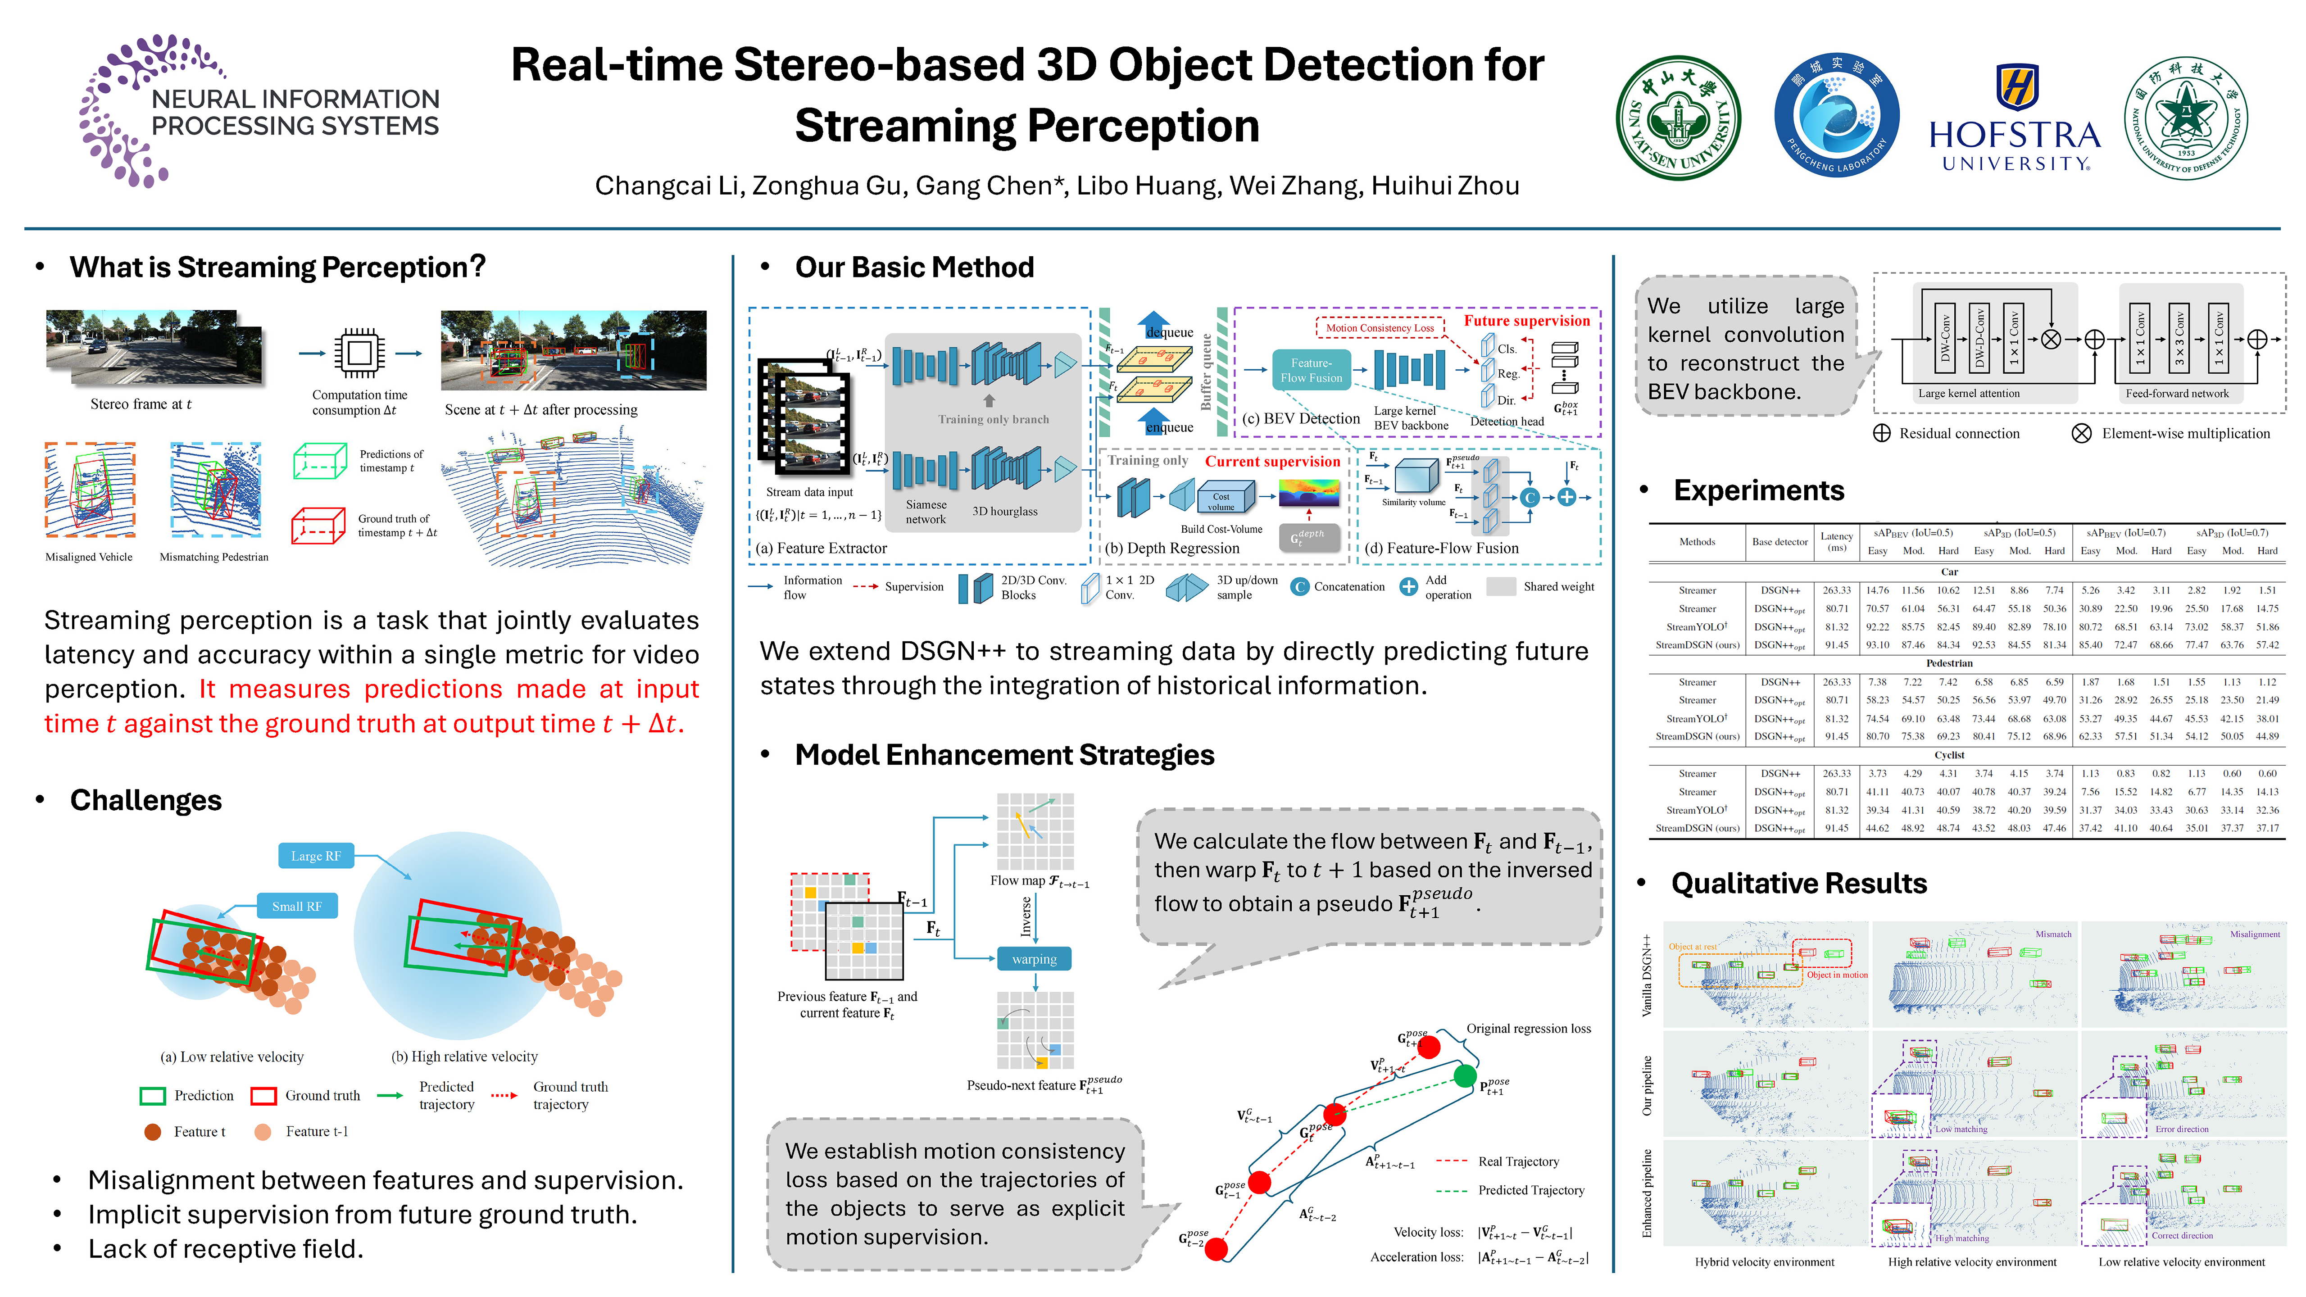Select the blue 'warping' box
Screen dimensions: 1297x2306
pyautogui.click(x=1034, y=959)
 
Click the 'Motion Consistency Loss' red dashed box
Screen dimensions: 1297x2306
pyautogui.click(x=1380, y=327)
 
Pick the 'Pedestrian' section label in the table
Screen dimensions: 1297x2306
pyautogui.click(x=1949, y=663)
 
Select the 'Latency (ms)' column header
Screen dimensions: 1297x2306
pyautogui.click(x=1836, y=541)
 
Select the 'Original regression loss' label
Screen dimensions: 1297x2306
pyautogui.click(x=1528, y=1029)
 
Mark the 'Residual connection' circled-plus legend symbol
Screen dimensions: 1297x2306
pyautogui.click(x=1882, y=433)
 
